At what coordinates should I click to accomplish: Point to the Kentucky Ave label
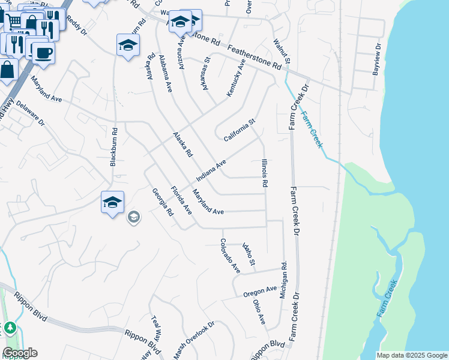(237, 77)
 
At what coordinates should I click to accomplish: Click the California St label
(240, 130)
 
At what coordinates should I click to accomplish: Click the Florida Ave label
(180, 200)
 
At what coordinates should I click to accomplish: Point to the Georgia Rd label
(162, 202)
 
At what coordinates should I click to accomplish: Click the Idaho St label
(249, 254)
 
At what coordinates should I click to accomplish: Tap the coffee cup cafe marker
(43, 53)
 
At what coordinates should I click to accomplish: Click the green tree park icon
(10, 329)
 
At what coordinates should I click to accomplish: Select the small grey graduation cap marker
(134, 217)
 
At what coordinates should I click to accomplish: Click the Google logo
(20, 353)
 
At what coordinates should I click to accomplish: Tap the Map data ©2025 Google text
(411, 355)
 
